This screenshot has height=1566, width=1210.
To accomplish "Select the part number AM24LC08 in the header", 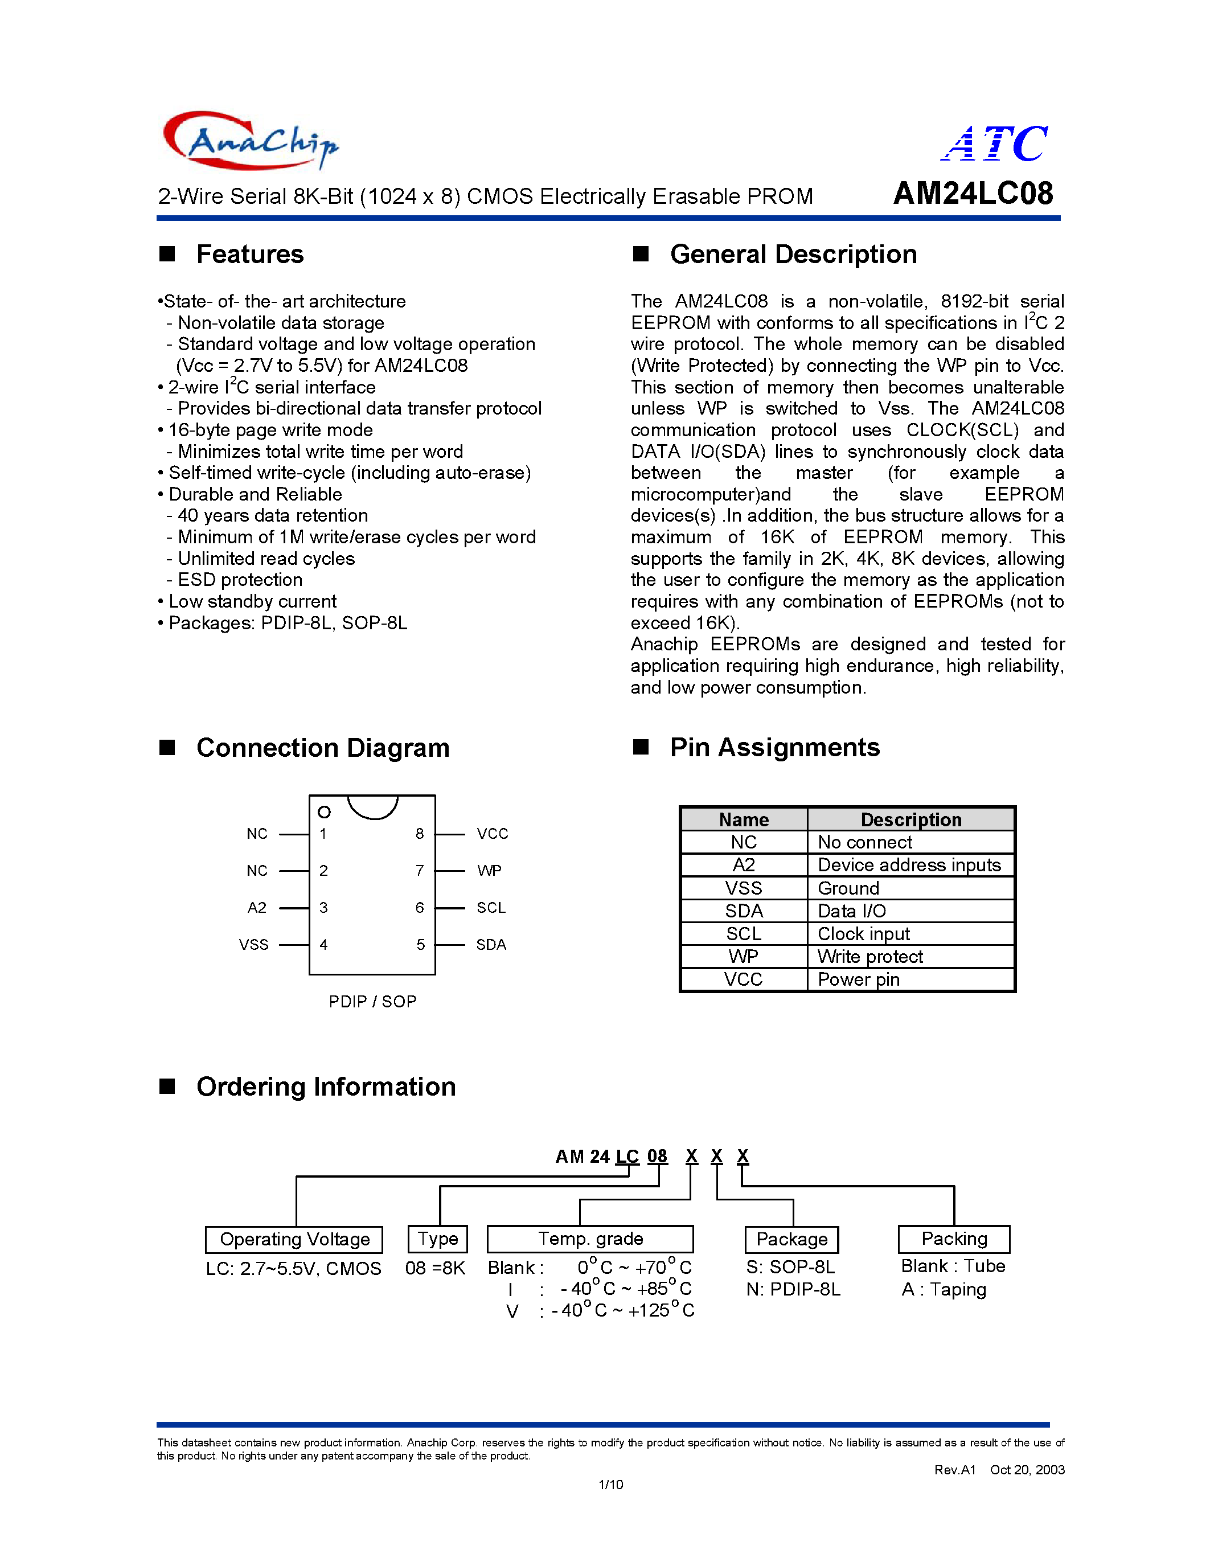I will click(973, 194).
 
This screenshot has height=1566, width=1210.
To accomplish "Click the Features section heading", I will click(249, 255).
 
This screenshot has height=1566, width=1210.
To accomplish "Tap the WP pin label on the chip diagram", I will click(489, 871).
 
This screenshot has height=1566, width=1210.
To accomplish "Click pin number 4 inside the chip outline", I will click(323, 944).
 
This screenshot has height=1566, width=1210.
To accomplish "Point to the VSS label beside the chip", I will click(254, 944).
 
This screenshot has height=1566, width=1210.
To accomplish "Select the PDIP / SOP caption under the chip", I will click(372, 1002).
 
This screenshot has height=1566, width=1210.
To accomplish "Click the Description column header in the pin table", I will click(910, 819).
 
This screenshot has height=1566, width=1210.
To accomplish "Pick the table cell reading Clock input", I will click(864, 933).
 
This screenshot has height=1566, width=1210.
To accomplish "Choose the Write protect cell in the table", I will click(870, 957).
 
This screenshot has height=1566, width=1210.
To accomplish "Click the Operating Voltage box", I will click(294, 1239).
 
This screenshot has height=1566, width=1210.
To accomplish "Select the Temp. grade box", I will click(590, 1239).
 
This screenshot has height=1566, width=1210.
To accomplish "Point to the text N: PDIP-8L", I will click(793, 1289).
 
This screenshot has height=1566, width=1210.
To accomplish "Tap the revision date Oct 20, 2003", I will click(1027, 1470).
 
